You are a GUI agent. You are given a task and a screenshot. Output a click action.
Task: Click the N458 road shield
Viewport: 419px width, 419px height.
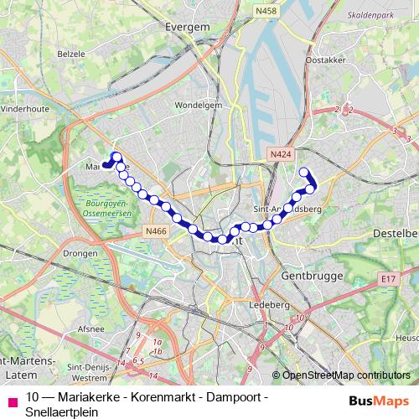point(266,10)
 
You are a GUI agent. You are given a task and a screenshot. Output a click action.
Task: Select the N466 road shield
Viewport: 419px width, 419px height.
point(155,230)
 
